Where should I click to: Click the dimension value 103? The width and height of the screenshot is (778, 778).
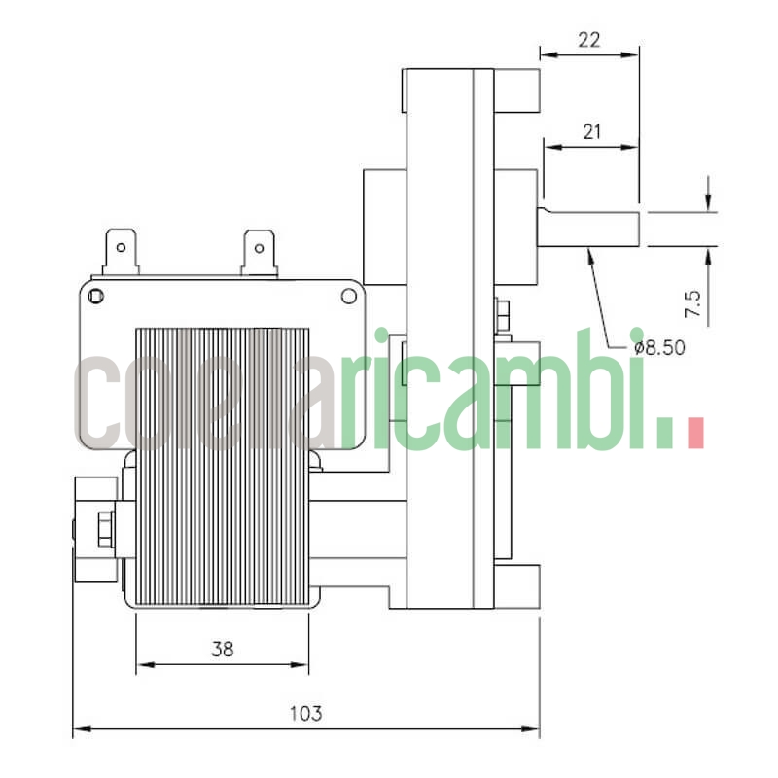(x=306, y=713)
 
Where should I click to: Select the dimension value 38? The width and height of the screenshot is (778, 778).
(x=222, y=649)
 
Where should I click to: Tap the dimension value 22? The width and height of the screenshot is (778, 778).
(x=588, y=40)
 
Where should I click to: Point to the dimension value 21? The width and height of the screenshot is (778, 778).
(x=590, y=133)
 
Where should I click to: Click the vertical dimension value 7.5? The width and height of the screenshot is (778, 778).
(x=693, y=302)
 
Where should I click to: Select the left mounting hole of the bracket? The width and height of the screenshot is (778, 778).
(x=95, y=294)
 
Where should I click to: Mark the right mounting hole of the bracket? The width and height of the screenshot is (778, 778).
(x=347, y=294)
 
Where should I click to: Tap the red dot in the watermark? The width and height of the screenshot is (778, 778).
(x=694, y=433)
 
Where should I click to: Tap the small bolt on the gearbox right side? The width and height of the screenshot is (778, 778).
(x=503, y=311)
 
